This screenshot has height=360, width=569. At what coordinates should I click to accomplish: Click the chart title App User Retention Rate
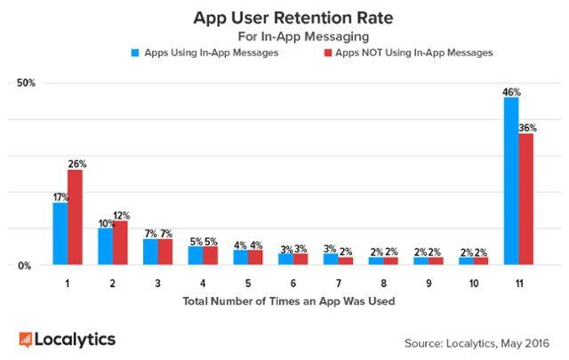tap(284, 17)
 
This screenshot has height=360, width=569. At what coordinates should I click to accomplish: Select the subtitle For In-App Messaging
tap(284, 36)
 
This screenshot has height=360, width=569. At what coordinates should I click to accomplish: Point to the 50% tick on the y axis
tap(25, 84)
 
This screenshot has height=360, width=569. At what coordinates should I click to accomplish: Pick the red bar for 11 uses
tap(526, 199)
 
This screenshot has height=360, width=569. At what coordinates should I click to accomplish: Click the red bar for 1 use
tap(75, 217)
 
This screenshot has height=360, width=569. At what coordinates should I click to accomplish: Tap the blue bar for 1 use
tap(60, 233)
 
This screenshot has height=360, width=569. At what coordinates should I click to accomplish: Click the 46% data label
tap(511, 92)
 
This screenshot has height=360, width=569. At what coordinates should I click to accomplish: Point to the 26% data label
tap(76, 164)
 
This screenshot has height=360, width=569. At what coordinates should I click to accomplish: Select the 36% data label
tap(527, 128)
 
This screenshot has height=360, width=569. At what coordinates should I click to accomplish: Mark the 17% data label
tap(60, 196)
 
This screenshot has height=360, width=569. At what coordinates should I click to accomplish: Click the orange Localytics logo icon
tap(26, 339)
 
